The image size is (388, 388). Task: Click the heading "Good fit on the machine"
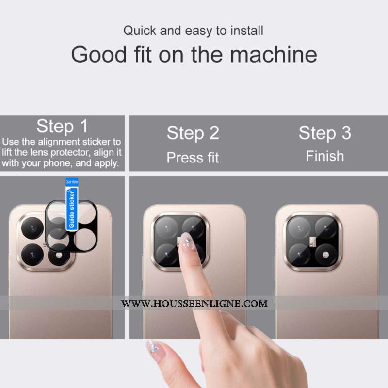pos(194,55)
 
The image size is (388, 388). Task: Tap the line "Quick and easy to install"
pos(193,31)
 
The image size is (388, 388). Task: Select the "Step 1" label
pos(62,127)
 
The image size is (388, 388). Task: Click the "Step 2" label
pos(193,133)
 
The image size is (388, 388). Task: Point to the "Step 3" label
pos(325,133)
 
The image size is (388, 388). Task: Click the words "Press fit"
pos(193,158)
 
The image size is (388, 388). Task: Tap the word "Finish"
pos(325,156)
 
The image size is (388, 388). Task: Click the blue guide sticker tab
pos(72,204)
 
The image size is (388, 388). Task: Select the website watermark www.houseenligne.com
pos(194,304)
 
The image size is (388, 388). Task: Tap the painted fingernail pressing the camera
pos(187,241)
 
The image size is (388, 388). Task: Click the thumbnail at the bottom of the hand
pos(153,348)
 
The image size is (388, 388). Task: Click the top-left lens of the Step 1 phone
pos(32,228)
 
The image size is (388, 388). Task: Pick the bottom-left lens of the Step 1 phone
pos(32,255)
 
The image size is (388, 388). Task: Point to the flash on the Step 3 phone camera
pos(325,255)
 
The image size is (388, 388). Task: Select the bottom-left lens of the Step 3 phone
pos(299,255)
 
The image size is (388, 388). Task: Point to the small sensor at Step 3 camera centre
pos(313,242)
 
